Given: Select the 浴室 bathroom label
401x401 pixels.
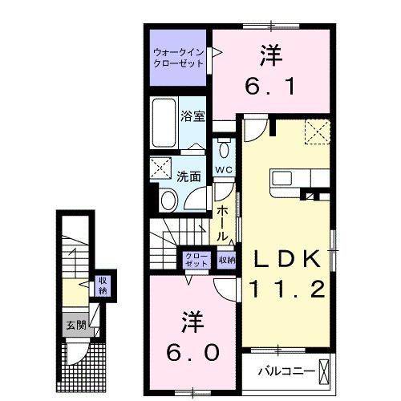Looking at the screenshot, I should click(x=192, y=115).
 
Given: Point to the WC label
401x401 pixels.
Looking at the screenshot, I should click(x=223, y=170).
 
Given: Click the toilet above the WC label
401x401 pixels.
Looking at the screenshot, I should click(x=223, y=150).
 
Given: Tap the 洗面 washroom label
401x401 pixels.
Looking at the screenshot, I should click(x=188, y=176).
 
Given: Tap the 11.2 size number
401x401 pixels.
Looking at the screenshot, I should click(x=289, y=289).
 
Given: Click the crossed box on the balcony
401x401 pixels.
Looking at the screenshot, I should click(x=323, y=371).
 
